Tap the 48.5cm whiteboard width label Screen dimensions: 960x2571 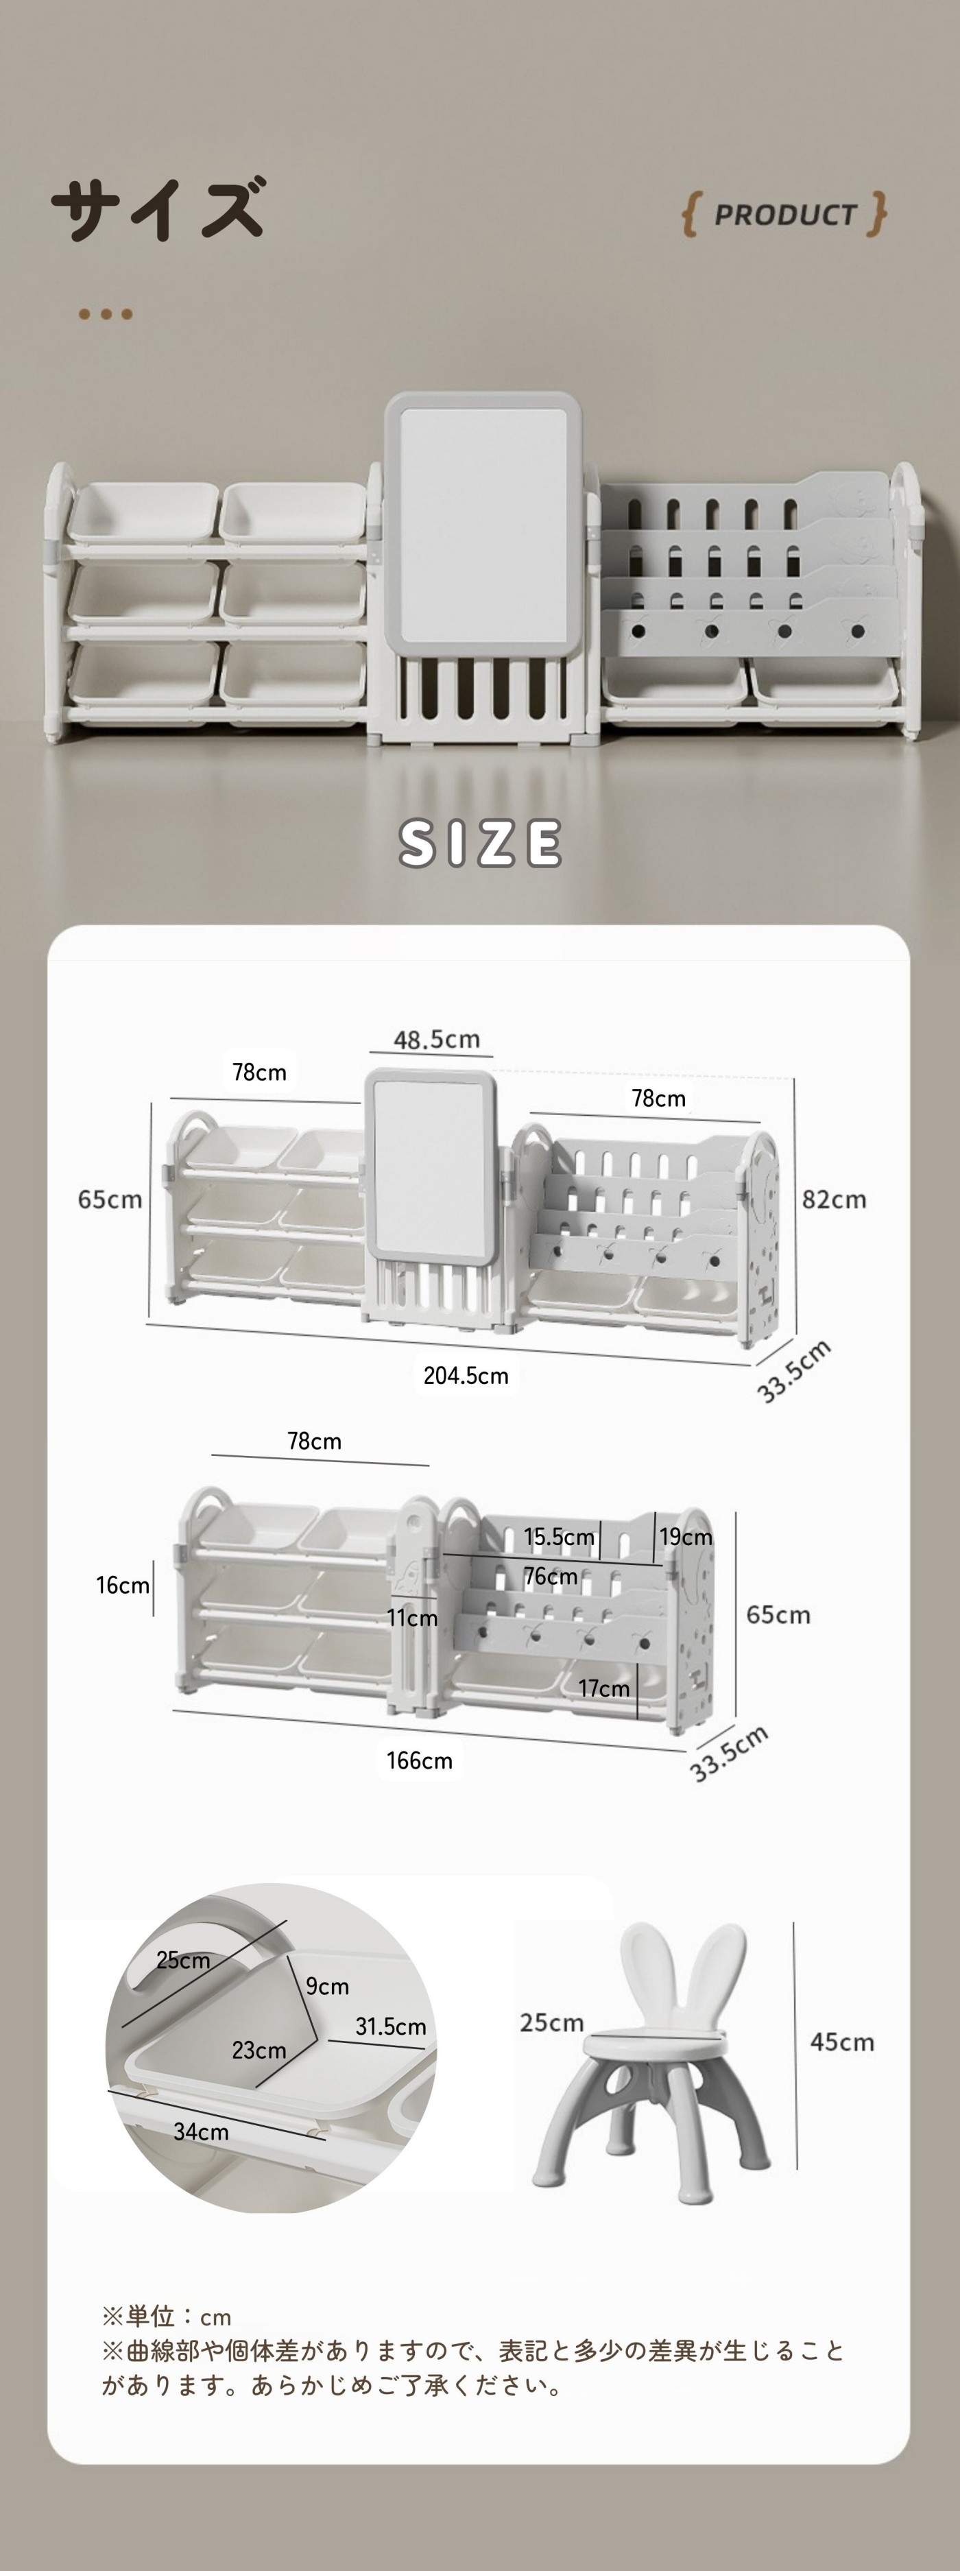tap(436, 1039)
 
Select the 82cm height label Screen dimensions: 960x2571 tap(835, 1199)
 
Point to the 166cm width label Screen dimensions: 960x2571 tap(419, 1760)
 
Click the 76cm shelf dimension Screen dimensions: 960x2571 tap(551, 1576)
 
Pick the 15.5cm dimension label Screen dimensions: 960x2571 tap(559, 1537)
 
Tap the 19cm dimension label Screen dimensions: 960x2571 tap(686, 1537)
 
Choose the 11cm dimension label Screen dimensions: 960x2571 tap(413, 1618)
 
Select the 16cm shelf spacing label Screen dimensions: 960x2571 tap(123, 1585)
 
